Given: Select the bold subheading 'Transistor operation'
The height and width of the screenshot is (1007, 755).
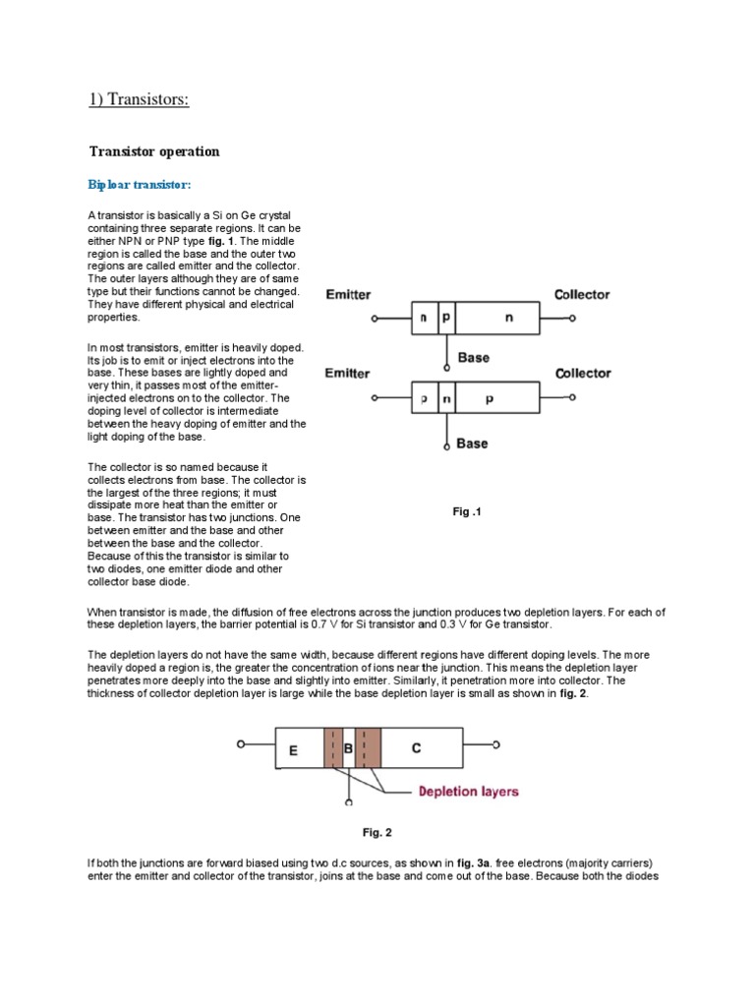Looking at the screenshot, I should point(154,151).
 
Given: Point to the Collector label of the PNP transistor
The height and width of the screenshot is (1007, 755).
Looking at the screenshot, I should point(582,374).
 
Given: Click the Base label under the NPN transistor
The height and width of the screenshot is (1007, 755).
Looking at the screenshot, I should point(473,358).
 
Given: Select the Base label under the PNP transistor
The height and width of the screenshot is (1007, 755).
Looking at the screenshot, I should point(472,444).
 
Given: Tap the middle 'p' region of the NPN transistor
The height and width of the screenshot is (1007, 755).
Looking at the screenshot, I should point(446,320).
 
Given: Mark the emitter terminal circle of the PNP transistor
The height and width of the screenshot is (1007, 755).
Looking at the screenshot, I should point(375,398).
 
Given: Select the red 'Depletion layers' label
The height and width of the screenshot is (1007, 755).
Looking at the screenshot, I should point(469,791).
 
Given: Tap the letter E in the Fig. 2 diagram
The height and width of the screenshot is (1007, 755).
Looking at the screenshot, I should point(293,750).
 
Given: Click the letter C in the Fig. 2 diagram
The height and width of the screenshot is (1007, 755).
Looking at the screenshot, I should point(416,748).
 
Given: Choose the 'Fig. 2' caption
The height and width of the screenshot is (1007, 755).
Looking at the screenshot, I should point(377,833).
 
